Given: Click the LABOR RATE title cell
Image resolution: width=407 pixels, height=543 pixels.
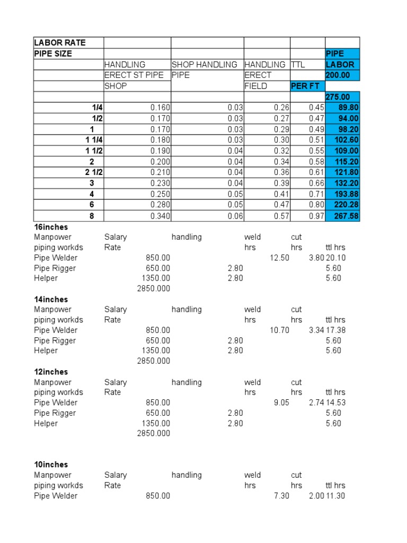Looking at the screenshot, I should (x=60, y=42).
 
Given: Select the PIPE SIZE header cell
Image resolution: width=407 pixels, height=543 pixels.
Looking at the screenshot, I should (x=53, y=54).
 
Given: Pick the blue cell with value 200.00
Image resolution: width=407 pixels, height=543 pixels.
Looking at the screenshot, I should (x=338, y=75).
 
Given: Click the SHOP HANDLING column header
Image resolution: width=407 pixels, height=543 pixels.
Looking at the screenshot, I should (x=204, y=65).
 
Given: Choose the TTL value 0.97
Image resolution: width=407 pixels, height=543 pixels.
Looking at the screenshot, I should (x=316, y=216).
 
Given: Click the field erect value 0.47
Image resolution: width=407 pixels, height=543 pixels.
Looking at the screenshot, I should (x=281, y=205).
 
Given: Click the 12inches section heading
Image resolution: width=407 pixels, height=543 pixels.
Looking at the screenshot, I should (x=51, y=372).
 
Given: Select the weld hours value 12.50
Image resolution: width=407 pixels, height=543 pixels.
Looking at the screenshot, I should (x=279, y=258).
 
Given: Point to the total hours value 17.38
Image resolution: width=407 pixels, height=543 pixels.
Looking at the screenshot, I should (x=335, y=330).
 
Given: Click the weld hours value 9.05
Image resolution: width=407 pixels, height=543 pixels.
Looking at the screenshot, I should (x=281, y=403).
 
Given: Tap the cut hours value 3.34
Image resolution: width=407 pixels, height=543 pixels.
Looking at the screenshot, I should (x=316, y=330).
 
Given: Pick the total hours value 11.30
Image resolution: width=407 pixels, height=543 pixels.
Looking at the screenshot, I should (x=335, y=496).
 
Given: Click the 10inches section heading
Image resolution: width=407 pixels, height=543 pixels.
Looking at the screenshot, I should (x=51, y=465).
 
